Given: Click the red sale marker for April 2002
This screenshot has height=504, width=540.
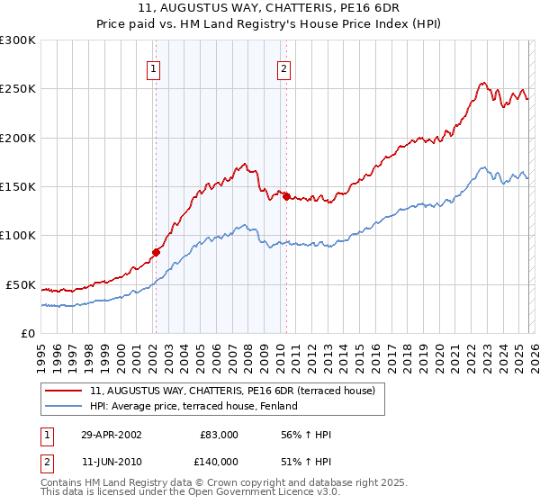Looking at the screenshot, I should (156, 252).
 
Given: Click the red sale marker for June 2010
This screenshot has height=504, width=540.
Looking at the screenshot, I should (285, 197).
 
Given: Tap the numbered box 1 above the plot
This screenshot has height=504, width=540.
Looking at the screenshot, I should (154, 68).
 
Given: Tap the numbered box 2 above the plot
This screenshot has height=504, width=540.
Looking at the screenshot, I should (283, 68).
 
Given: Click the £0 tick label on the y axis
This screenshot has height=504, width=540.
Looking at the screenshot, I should (27, 333).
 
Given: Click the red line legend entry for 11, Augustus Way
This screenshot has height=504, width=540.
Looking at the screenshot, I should (238, 391).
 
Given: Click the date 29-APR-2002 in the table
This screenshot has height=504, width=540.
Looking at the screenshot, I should (111, 435).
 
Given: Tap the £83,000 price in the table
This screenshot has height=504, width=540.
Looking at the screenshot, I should (219, 435).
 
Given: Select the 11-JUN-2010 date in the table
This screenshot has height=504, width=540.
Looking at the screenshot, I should (111, 462).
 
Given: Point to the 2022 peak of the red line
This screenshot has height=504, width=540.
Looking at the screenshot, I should (482, 83).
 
